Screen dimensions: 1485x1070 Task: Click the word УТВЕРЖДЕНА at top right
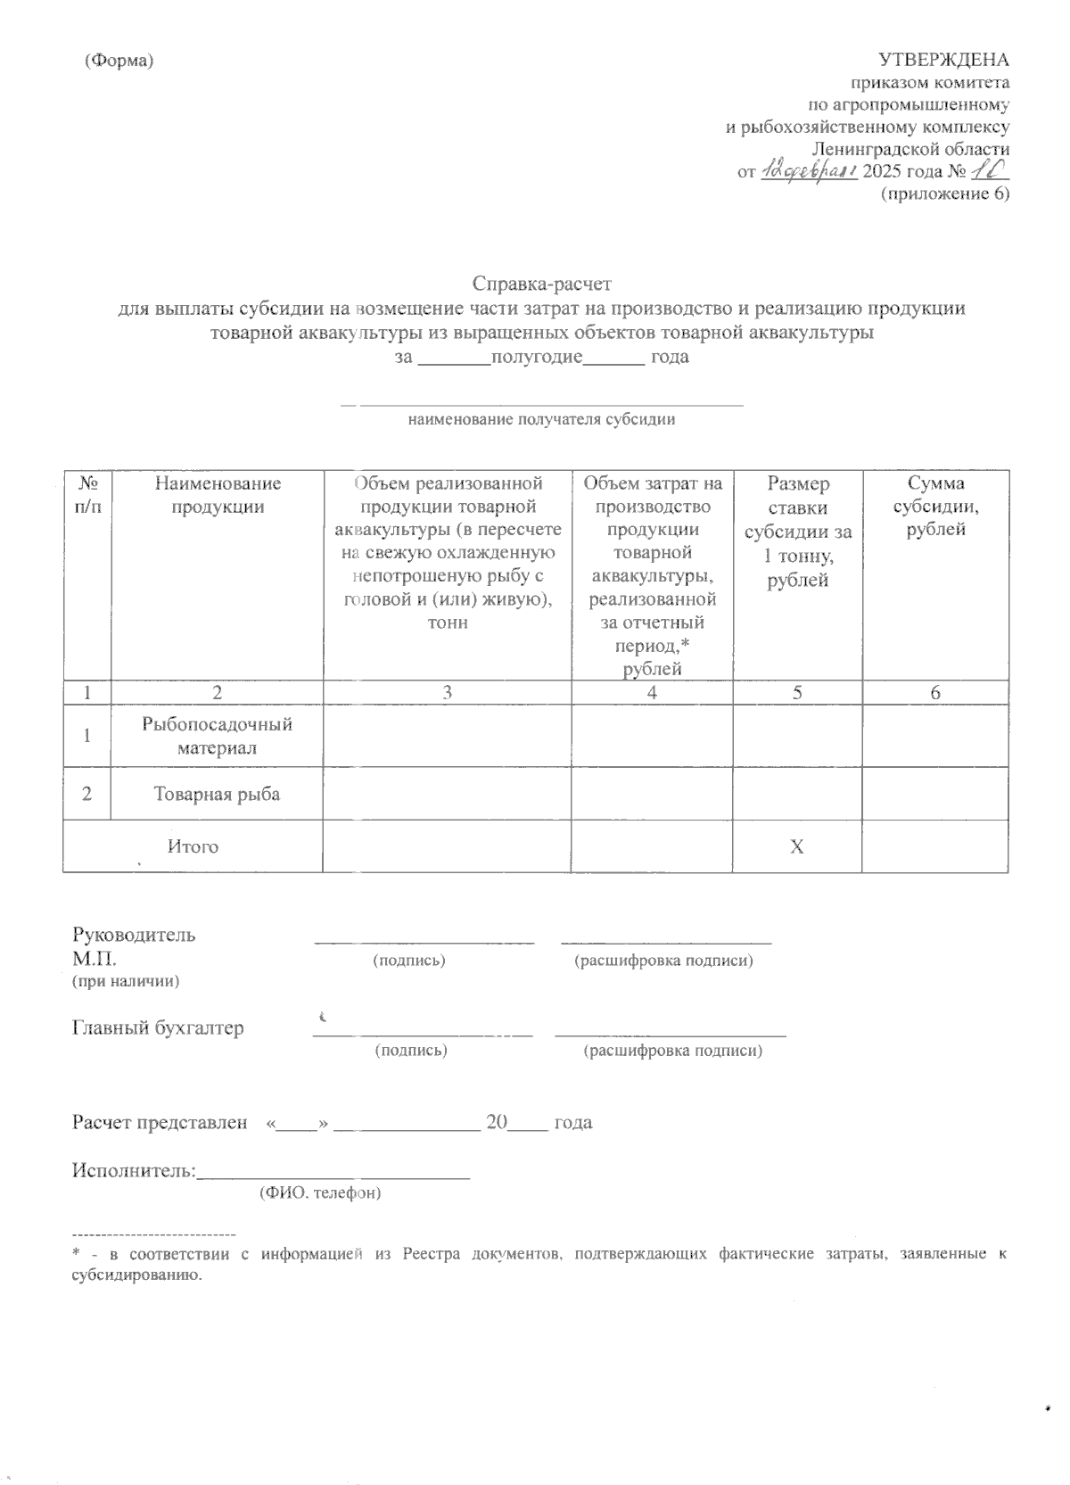[x=943, y=60]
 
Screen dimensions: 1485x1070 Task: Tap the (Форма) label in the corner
[x=119, y=61]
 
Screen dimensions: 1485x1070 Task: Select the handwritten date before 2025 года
[x=808, y=170]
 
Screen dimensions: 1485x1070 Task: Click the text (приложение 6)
[x=944, y=194]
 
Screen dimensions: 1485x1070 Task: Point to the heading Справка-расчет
[x=542, y=285]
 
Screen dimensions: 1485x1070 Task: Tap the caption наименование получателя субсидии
[x=541, y=419]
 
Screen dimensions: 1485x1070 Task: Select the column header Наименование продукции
[x=217, y=495]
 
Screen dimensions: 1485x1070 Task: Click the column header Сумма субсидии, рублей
[x=935, y=507]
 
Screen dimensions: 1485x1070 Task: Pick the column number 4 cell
[x=652, y=692]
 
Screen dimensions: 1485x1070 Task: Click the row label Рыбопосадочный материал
[x=217, y=736]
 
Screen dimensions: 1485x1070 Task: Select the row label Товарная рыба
[x=217, y=794]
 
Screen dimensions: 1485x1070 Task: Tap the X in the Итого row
[x=796, y=846]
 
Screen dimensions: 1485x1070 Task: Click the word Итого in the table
[x=193, y=846]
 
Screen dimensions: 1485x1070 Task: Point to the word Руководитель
[x=134, y=935]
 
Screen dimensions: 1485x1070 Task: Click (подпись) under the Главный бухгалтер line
[x=410, y=1050]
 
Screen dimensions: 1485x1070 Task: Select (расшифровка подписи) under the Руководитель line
[x=664, y=961]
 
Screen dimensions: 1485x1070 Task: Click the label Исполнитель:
[x=133, y=1170]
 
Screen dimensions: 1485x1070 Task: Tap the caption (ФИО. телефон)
[x=320, y=1192]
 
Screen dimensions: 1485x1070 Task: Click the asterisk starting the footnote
[x=76, y=1254]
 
